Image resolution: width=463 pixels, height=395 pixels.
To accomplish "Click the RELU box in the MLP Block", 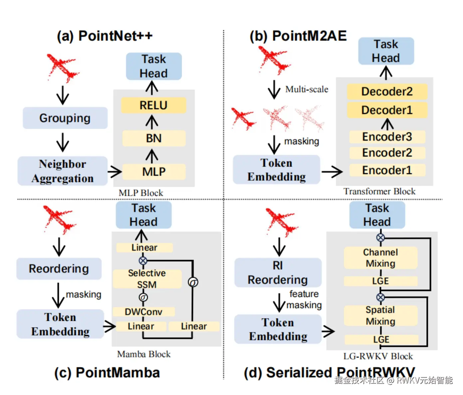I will point(153,105).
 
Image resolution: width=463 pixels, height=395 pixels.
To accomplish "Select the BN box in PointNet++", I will point(153,138).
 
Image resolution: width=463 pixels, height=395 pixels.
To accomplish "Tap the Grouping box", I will point(65,118).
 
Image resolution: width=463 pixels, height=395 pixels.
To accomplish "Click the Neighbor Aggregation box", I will point(63,171).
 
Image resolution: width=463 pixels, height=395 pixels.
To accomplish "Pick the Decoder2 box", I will point(387,91).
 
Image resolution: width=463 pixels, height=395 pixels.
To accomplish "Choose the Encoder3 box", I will point(387,137).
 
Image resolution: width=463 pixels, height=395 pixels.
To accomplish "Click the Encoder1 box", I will point(387,170).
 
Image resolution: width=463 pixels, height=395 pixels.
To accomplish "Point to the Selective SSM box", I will point(147,279).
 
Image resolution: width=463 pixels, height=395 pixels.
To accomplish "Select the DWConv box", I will point(143,312).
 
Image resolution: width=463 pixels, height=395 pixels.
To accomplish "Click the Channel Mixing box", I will point(380,258).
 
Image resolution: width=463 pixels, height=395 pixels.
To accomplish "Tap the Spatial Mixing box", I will point(380,316).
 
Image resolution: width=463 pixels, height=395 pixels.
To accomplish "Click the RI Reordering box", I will point(278,273).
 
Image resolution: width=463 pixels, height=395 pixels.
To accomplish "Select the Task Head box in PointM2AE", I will point(386,51).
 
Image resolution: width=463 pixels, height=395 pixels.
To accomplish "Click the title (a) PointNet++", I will point(105,36).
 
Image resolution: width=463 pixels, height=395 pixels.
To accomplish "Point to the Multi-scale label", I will point(307,89).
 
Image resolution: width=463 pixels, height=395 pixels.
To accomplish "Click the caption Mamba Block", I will point(144,354).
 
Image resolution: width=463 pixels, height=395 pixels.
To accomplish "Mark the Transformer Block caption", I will point(379,192).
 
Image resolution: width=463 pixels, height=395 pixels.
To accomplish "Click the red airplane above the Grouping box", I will point(62,67).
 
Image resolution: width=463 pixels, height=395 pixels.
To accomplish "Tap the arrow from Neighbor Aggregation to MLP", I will point(115,172).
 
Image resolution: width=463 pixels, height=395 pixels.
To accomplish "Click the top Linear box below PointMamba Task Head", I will point(144,248).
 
